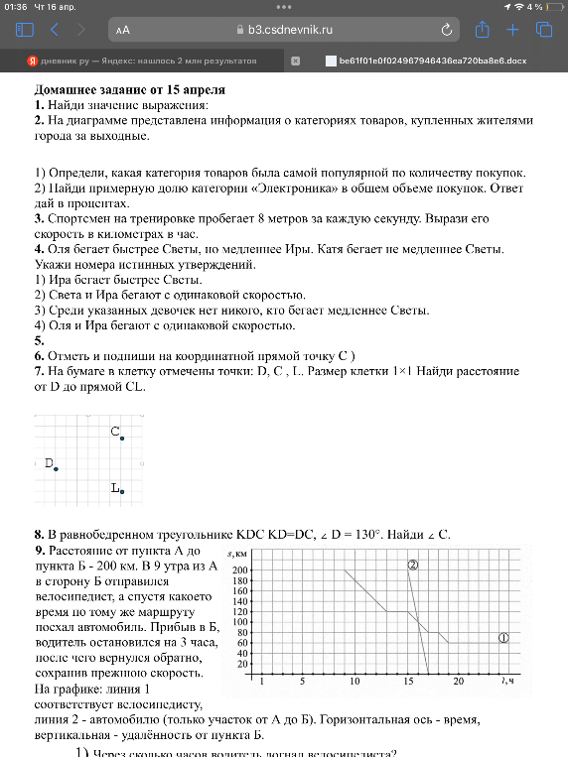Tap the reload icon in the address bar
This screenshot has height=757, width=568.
[x=447, y=30]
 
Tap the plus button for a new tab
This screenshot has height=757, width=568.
[x=513, y=30]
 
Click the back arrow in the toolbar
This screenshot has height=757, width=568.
[x=55, y=30]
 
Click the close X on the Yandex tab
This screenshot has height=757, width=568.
[x=295, y=61]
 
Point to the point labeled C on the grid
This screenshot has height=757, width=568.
[x=122, y=438]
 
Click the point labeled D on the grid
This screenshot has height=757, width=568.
[x=57, y=468]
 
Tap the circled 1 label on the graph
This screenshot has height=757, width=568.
[x=503, y=638]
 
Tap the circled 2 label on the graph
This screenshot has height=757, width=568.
[x=413, y=565]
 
